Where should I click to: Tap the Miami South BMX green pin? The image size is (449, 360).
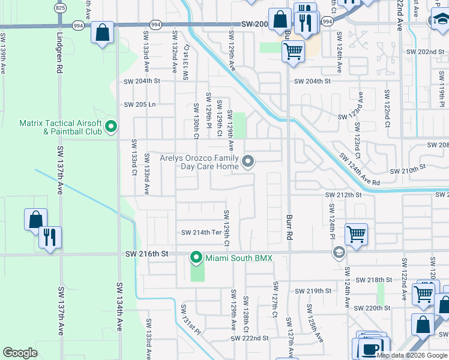(x=196, y=258)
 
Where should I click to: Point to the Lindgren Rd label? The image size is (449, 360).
(x=60, y=57)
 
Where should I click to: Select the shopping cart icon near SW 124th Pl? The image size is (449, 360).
(x=357, y=233)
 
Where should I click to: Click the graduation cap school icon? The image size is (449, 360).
(x=339, y=253)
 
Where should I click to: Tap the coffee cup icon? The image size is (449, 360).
(x=370, y=348)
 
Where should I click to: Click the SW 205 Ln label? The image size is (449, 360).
(x=140, y=104)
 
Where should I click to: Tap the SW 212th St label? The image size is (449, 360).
(x=343, y=195)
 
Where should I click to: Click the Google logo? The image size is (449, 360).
(x=20, y=353)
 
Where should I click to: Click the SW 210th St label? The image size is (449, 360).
(x=408, y=171)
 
